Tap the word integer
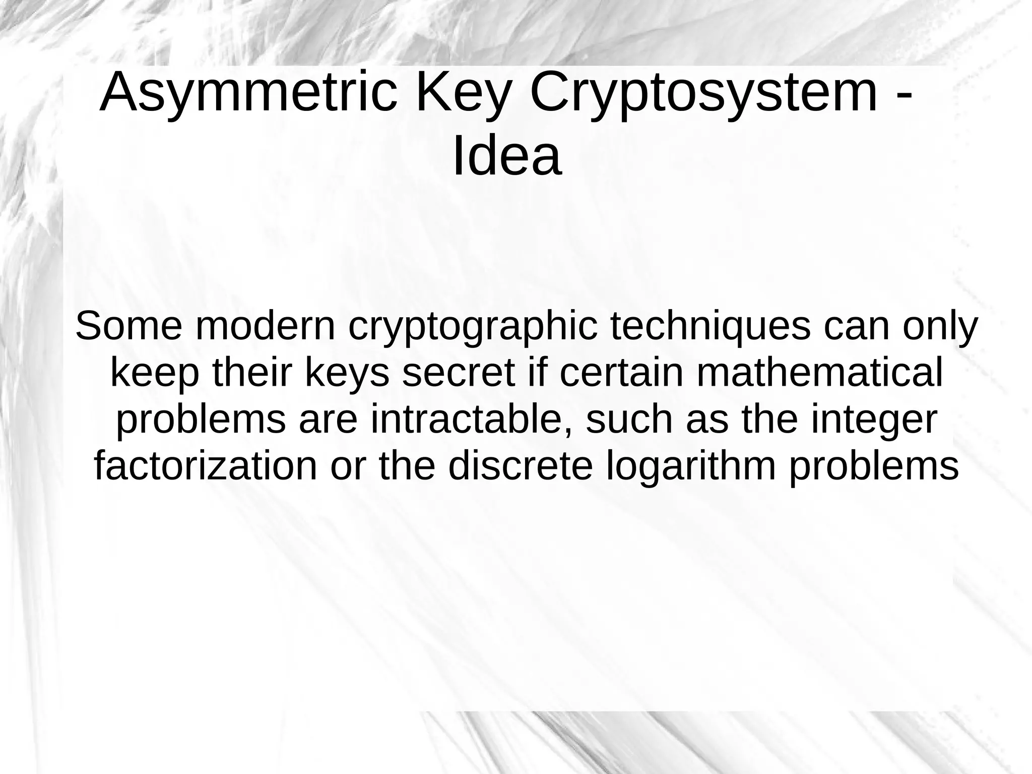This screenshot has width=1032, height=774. [874, 421]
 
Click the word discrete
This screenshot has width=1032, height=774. [520, 466]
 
